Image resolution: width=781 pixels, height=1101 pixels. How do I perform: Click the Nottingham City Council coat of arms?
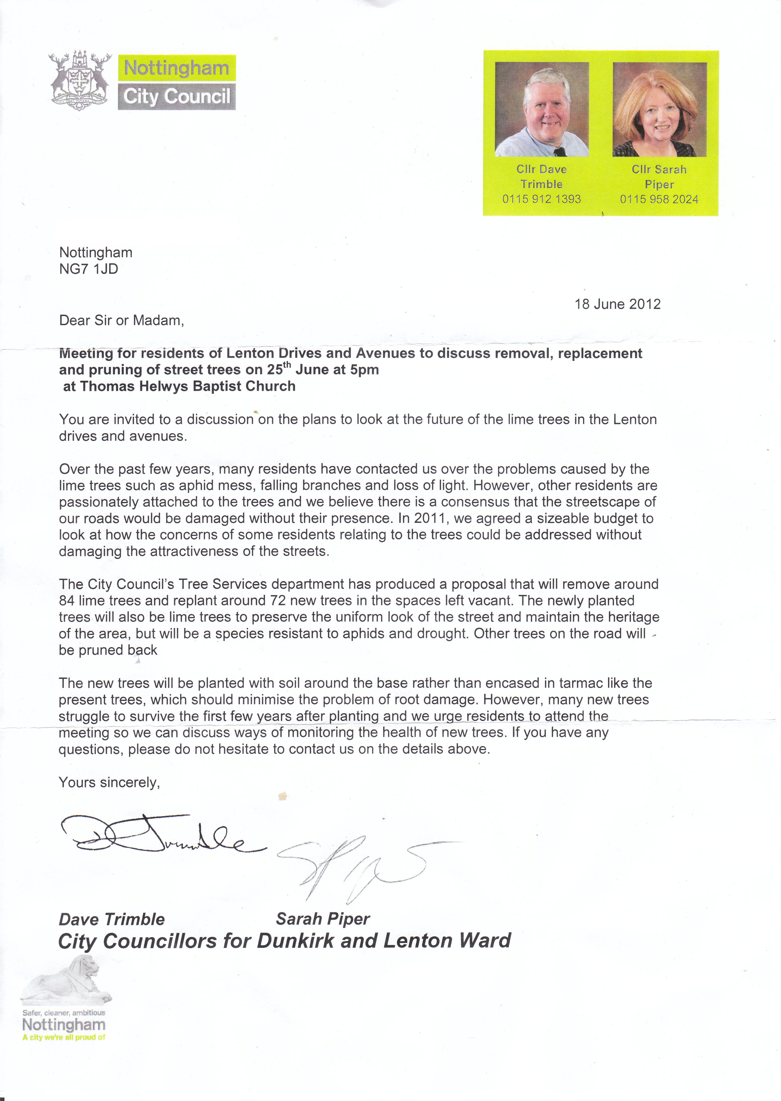(x=80, y=80)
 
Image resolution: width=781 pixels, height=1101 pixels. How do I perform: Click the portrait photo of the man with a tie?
(x=542, y=109)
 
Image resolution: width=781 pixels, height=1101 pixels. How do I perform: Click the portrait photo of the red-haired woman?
(x=659, y=109)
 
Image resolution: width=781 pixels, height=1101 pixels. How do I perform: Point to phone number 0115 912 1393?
(x=541, y=199)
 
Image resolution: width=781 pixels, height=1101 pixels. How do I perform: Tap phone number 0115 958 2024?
(x=659, y=199)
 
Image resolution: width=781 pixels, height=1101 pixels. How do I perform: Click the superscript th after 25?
(x=287, y=365)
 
